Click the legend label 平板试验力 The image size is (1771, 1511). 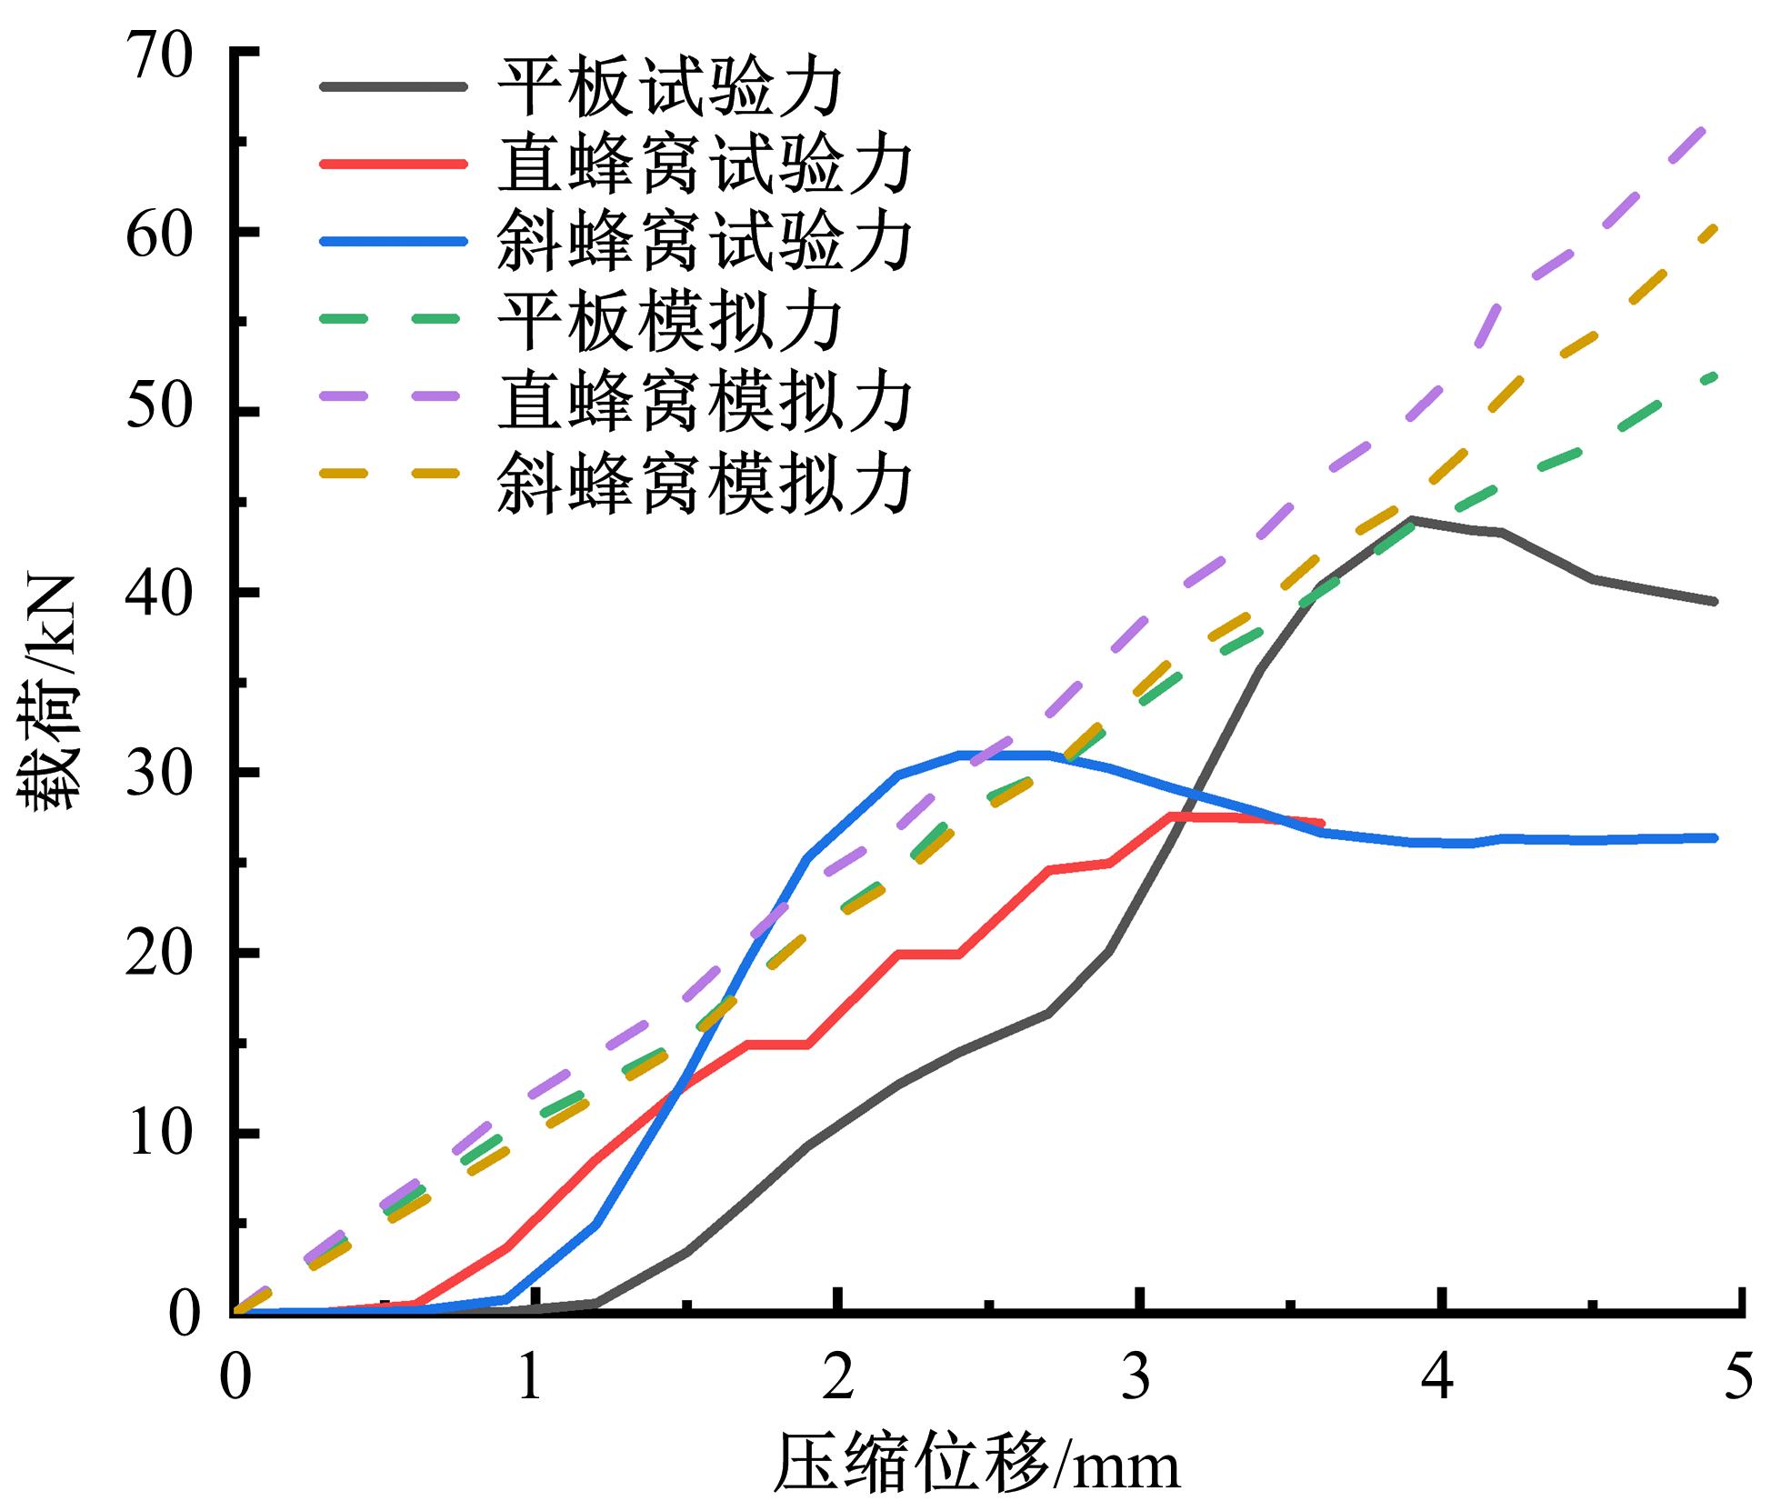tap(671, 87)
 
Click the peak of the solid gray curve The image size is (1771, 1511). tap(1411, 519)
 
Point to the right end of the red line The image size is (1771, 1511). tap(1322, 823)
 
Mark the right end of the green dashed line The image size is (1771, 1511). tap(1715, 375)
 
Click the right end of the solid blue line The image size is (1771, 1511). tap(1715, 837)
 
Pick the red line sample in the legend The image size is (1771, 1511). tap(393, 165)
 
